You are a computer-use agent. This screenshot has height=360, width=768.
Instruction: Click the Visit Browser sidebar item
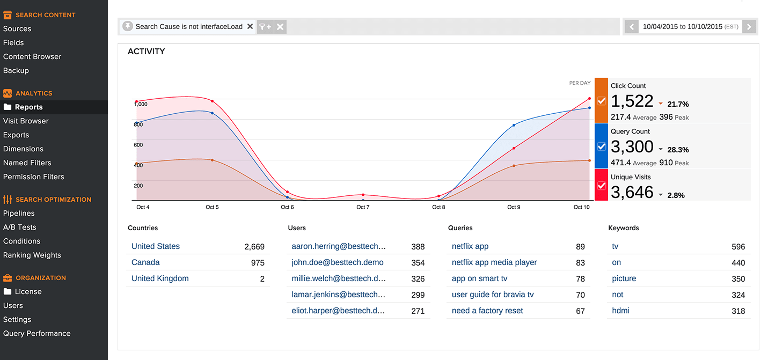tap(26, 121)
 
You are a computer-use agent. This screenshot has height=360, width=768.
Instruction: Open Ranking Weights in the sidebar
tap(32, 255)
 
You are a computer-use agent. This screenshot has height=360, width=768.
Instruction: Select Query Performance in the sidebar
tap(37, 334)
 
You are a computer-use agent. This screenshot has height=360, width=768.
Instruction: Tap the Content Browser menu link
tap(32, 57)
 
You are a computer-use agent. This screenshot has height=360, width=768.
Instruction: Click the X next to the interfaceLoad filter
tap(250, 26)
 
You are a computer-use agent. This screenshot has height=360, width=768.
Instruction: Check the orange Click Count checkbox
tap(601, 101)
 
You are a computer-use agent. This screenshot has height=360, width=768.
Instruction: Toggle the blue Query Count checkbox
tap(601, 146)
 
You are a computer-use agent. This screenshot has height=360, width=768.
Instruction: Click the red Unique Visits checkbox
tap(601, 186)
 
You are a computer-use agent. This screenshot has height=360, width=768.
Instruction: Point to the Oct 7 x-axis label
tap(363, 207)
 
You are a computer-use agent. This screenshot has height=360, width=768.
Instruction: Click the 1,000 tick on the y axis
tap(141, 104)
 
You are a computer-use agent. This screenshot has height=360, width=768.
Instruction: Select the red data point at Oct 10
tap(589, 99)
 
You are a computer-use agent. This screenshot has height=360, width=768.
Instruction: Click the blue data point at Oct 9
tap(514, 125)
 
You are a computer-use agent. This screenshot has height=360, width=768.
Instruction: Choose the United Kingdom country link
tap(160, 278)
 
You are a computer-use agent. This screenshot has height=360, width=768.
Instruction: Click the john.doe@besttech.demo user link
tap(337, 262)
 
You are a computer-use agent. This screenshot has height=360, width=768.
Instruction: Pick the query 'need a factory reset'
tap(487, 311)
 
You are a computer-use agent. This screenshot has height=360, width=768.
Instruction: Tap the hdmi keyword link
tap(620, 311)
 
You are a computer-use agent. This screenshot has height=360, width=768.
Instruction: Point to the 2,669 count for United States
tap(254, 247)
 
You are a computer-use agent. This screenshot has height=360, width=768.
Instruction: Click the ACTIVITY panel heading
tap(146, 52)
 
